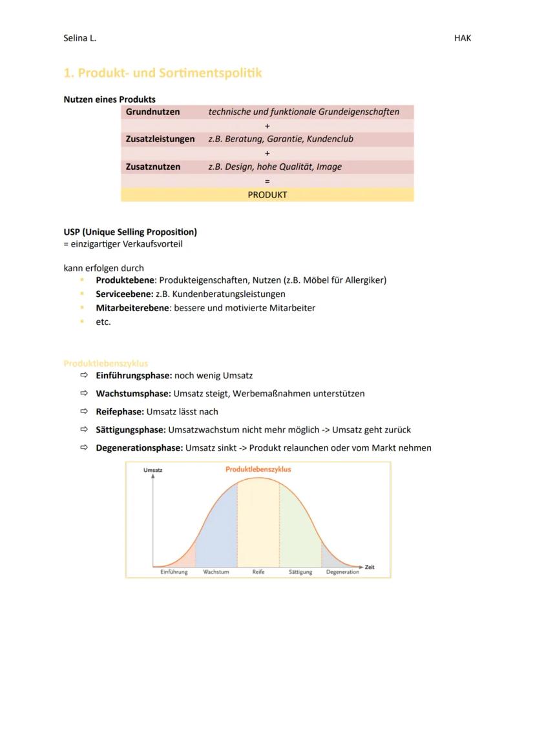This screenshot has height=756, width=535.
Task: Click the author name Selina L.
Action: pos(79,38)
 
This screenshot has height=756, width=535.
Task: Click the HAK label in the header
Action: pos(463,38)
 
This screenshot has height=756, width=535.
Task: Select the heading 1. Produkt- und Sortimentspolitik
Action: pos(163,73)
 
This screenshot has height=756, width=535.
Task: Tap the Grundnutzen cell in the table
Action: pos(152,112)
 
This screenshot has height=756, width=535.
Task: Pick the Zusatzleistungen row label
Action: pos(160,139)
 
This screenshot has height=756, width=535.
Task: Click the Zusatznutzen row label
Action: pos(153,167)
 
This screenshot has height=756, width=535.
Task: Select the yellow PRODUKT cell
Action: pos(267,194)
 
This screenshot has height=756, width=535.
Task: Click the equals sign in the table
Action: pos(267,181)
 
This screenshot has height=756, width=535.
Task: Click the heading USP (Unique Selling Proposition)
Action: pos(130,232)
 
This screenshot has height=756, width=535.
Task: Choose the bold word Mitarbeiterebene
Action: pos(132,308)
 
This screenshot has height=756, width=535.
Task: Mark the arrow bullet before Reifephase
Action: pos(83,411)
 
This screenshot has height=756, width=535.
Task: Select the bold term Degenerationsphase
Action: pos(139,447)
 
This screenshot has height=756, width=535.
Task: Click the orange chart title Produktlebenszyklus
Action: pos(258,469)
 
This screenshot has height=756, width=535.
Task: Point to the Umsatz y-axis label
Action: pos(153,470)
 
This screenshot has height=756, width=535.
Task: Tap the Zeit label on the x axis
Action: pos(370,567)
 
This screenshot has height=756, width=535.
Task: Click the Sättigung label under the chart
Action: pos(300,572)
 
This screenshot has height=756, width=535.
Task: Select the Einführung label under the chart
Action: pos(174,572)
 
